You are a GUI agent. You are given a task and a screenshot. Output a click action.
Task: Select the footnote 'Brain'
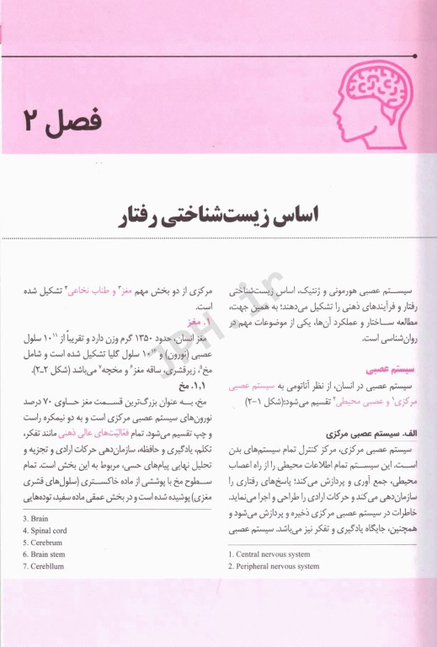(x=40, y=518)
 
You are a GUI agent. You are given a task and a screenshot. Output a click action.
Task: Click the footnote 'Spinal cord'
(x=49, y=531)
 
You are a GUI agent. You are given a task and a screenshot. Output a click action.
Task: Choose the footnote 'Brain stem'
(x=49, y=554)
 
